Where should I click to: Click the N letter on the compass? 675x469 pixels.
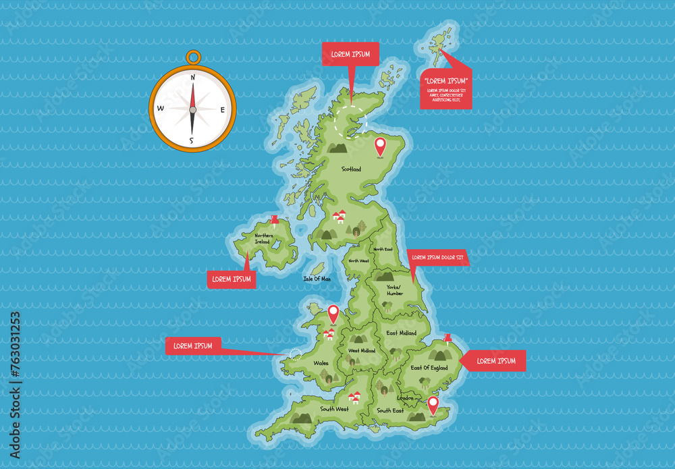[193, 78]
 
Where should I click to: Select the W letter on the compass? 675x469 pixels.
[161, 109]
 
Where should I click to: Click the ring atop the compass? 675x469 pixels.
[193, 57]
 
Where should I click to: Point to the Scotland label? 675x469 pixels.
[351, 169]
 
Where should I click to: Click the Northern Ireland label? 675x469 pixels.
[262, 239]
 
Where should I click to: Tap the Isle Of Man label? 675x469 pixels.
[317, 278]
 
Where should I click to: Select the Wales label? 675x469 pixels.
[321, 362]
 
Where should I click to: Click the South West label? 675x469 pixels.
[335, 409]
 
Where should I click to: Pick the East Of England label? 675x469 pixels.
[429, 368]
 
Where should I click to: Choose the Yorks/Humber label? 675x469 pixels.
[395, 290]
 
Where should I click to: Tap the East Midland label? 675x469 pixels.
[401, 333]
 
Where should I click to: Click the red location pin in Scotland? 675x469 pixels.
[380, 145]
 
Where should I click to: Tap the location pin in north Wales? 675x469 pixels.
[333, 313]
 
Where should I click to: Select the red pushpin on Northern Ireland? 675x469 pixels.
[274, 219]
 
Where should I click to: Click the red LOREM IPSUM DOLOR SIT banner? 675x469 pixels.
[438, 257]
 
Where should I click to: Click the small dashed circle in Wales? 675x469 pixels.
[296, 353]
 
